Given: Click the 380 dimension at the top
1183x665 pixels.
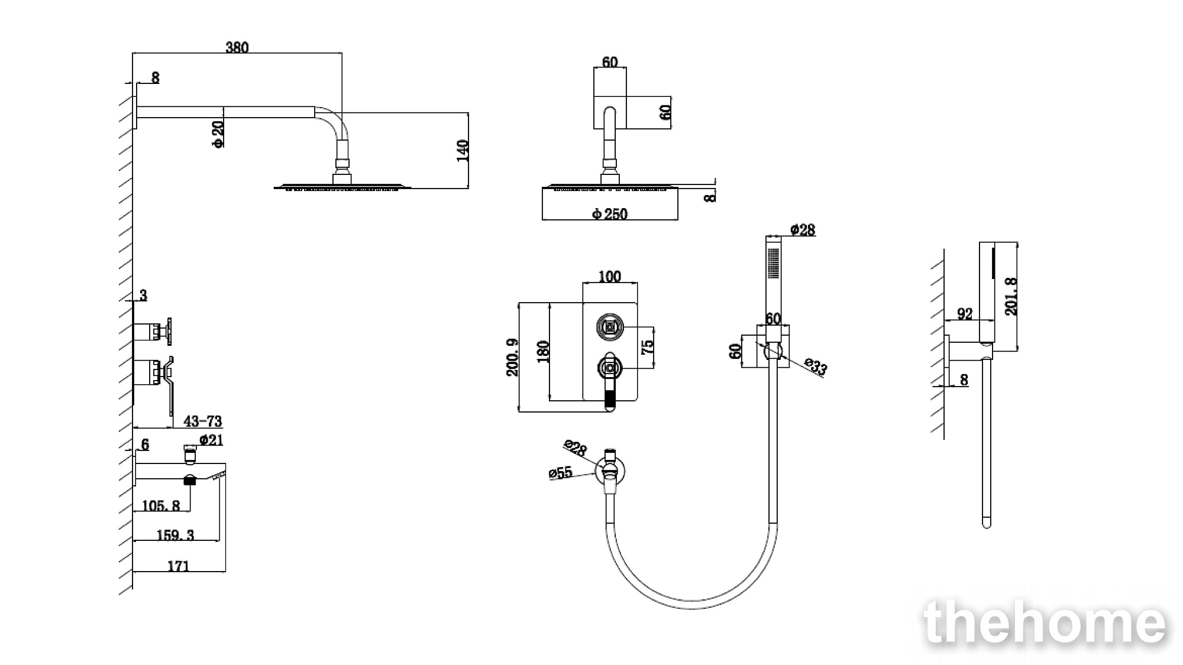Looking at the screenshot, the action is point(237,47).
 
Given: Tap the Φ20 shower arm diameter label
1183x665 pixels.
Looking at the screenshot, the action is point(218,134).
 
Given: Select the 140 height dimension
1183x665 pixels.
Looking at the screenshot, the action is point(463,151).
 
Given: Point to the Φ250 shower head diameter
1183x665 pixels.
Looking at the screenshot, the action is point(610,214).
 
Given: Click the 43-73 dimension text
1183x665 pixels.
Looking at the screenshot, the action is point(203,421).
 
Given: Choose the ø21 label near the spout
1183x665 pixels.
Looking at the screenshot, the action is point(211,440).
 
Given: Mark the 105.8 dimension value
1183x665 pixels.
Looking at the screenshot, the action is point(161,505).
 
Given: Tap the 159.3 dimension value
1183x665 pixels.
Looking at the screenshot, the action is point(175,535).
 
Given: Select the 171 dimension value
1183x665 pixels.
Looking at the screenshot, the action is point(179,566).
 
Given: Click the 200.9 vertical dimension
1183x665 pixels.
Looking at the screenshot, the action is point(512,357).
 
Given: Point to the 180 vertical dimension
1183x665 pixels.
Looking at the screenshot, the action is point(544,352).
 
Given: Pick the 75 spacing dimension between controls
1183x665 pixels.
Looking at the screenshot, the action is point(648,346).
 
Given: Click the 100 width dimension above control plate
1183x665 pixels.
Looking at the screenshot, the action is point(610,277).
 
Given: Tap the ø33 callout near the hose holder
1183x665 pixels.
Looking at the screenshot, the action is point(816,367).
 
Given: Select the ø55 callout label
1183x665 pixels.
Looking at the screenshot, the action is point(560,472).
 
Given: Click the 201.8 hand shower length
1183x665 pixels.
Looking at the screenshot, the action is point(1011,296).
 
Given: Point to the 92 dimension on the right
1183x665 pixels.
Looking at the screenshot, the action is point(965,314).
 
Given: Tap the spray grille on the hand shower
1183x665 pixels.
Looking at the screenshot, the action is point(772,264).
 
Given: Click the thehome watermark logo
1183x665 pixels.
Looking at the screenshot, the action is point(1045,622).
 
